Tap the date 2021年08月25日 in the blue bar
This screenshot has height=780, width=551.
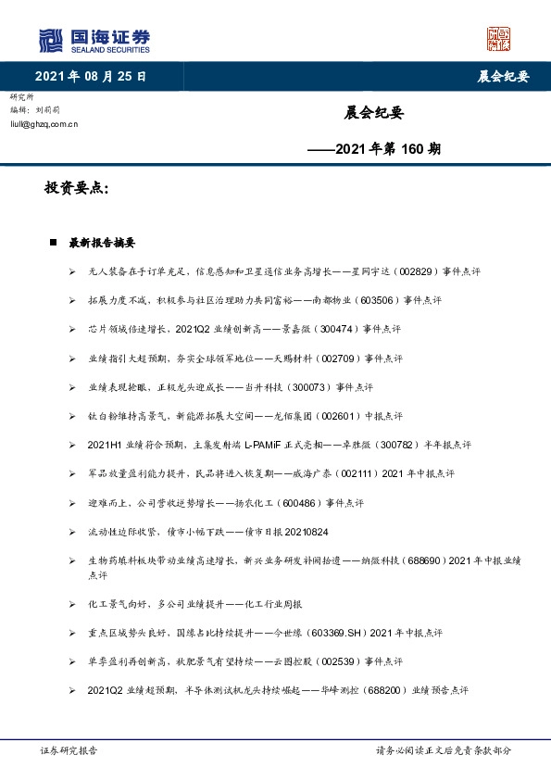(x=90, y=77)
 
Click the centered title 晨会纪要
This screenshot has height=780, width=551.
(x=373, y=113)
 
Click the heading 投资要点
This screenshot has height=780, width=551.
(x=77, y=189)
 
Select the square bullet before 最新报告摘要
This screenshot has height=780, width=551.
(x=54, y=243)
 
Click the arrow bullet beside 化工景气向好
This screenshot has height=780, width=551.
(x=72, y=604)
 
